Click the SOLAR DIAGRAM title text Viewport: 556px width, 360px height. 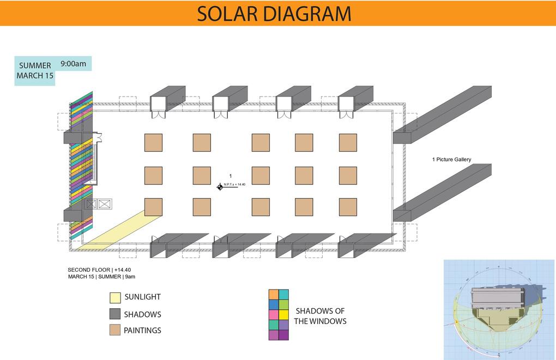click(x=274, y=14)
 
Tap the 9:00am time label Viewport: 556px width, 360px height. click(x=73, y=64)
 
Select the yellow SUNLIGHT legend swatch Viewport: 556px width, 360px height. click(x=114, y=297)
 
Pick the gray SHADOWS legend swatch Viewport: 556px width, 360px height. click(x=114, y=314)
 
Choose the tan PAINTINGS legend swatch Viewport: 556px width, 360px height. click(x=114, y=330)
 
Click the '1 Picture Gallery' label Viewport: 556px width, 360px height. click(x=451, y=160)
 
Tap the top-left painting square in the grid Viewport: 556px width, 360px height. click(x=153, y=142)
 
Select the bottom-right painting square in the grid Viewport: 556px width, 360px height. click(x=348, y=207)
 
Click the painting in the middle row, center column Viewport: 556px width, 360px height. click(x=261, y=176)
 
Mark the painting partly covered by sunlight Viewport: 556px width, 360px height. click(x=153, y=207)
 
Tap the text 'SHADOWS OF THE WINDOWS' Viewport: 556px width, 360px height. click(x=320, y=316)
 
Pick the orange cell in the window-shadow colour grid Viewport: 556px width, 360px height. click(x=274, y=295)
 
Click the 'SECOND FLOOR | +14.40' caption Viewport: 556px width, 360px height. click(x=99, y=269)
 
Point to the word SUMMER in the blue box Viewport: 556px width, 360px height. click(x=35, y=65)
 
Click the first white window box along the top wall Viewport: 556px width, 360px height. click(x=158, y=104)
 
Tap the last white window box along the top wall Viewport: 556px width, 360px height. click(x=346, y=104)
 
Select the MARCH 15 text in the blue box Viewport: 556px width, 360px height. click(x=35, y=76)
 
